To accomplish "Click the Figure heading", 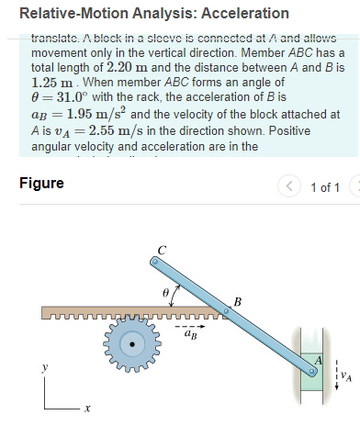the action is [x=42, y=183].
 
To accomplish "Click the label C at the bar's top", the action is [x=162, y=250].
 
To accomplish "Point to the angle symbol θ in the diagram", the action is [x=166, y=291].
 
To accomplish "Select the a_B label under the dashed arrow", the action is [x=190, y=336].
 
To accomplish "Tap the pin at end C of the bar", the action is [x=156, y=262].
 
